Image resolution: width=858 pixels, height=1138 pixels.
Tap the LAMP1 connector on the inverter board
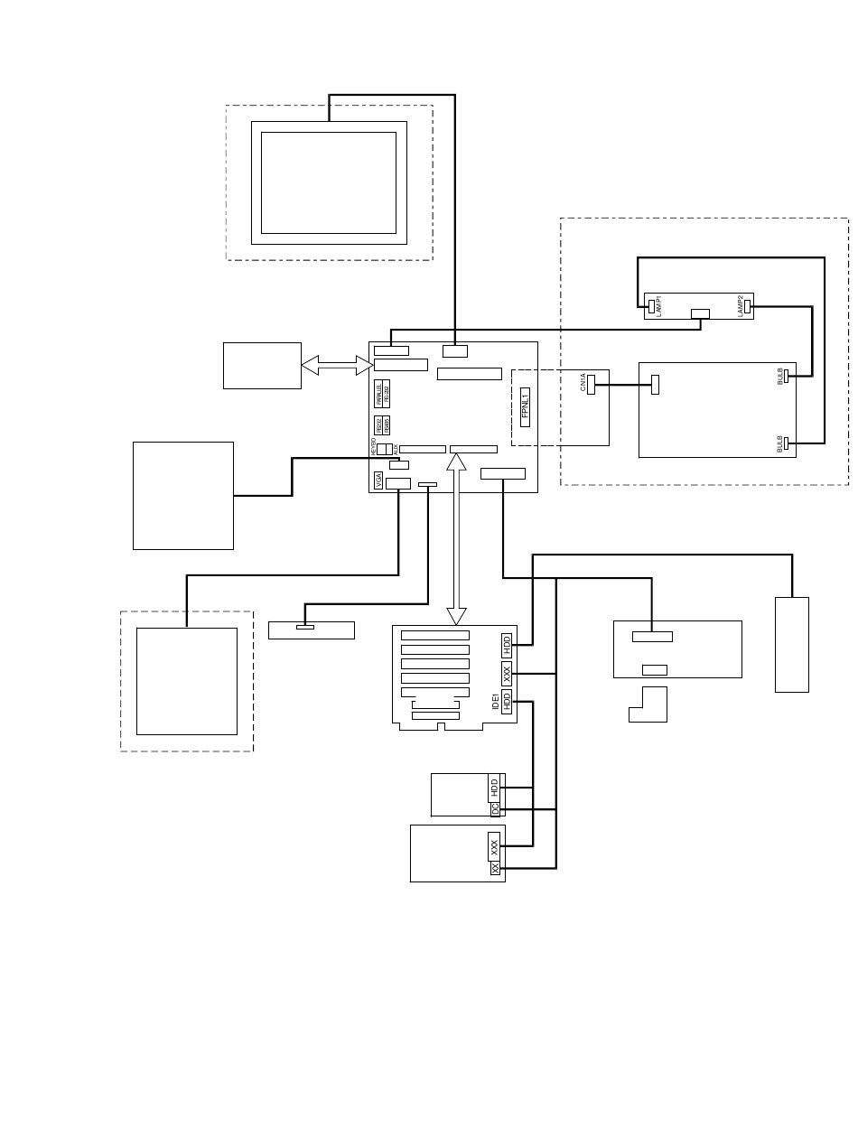(x=650, y=305)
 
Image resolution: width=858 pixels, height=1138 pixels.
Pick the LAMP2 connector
(x=747, y=306)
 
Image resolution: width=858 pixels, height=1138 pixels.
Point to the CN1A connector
(x=592, y=384)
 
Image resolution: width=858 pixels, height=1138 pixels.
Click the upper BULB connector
(x=787, y=376)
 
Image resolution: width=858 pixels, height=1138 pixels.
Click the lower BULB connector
(x=787, y=443)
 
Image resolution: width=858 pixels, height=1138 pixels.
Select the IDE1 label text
(x=495, y=701)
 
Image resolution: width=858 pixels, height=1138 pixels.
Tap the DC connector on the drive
(x=495, y=809)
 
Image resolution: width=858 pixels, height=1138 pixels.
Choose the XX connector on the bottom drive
(x=495, y=868)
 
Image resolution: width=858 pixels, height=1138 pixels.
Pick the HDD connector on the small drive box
(x=494, y=787)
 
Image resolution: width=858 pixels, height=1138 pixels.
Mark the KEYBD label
(x=373, y=445)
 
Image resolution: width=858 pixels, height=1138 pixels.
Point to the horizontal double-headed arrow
(x=336, y=365)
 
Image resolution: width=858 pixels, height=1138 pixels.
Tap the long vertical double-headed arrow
(x=457, y=538)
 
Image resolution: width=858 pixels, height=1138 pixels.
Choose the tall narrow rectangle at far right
(x=791, y=644)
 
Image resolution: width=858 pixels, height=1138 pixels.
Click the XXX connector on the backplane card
(x=507, y=673)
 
